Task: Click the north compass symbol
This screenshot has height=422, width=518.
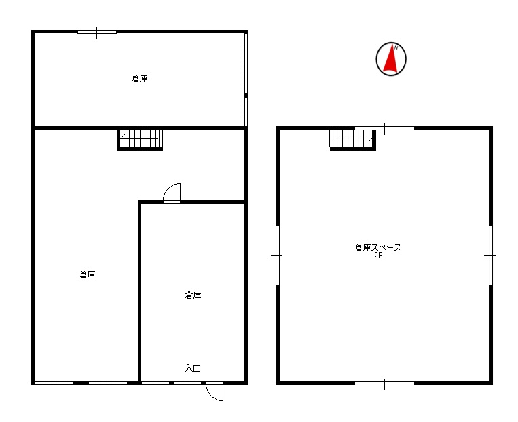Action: pyautogui.click(x=391, y=59)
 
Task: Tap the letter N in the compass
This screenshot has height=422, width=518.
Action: pyautogui.click(x=396, y=47)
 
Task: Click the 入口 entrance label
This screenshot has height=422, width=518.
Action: pyautogui.click(x=193, y=368)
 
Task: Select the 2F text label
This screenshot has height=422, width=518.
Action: pyautogui.click(x=378, y=255)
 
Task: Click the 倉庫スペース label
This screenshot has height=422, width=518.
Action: pyautogui.click(x=378, y=248)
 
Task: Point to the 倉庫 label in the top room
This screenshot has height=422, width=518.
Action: pyautogui.click(x=139, y=79)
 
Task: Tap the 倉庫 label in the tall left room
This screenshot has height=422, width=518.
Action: pyautogui.click(x=87, y=274)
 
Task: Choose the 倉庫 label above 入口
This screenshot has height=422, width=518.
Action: pyautogui.click(x=193, y=295)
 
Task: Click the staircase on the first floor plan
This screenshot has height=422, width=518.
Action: pyautogui.click(x=140, y=139)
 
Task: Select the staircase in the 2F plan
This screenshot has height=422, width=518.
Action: pyautogui.click(x=353, y=139)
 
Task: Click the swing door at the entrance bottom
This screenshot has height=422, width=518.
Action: pyautogui.click(x=215, y=391)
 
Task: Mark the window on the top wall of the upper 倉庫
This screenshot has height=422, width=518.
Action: pyautogui.click(x=97, y=32)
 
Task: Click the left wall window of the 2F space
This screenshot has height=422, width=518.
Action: pyautogui.click(x=278, y=255)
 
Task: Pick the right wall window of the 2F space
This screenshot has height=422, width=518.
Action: pyautogui.click(x=491, y=255)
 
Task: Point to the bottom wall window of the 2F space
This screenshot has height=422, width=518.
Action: pyautogui.click(x=384, y=383)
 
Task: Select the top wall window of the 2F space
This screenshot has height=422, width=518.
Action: pyautogui.click(x=384, y=128)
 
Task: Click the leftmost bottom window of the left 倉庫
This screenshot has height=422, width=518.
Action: pyautogui.click(x=54, y=383)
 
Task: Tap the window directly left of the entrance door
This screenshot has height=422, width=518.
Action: pyautogui.click(x=187, y=383)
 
